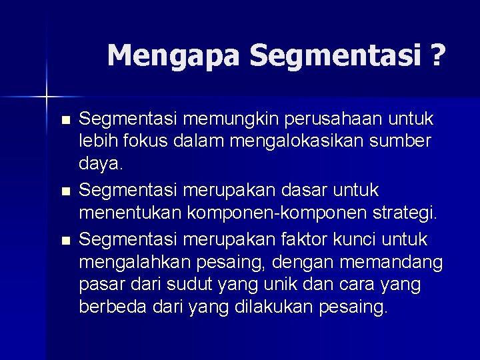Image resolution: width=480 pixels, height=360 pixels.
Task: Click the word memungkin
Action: pos(224,119)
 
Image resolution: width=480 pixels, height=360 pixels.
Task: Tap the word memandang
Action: pos(397,263)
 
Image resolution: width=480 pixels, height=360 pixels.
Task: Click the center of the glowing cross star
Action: pos(47,97)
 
